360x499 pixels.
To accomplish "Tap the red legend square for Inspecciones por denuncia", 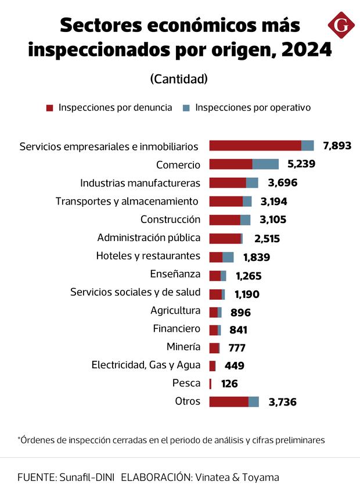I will point(49,108).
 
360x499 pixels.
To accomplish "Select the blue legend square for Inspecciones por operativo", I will point(186,108).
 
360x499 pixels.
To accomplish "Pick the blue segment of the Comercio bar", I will point(265,164).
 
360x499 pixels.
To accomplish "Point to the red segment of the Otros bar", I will point(229,401).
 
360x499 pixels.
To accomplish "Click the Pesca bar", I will point(210,383).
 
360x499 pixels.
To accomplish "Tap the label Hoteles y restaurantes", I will point(148,256).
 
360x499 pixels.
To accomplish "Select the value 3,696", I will point(283,183).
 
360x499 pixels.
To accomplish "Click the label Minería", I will point(183,347).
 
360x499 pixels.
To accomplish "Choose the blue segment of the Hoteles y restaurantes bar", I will point(228,257).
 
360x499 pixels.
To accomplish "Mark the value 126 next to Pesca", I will point(228,384).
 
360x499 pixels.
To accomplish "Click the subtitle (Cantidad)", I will point(179,78).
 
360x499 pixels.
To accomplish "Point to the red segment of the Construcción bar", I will point(225,220).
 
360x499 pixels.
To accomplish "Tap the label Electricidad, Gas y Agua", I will point(146,365).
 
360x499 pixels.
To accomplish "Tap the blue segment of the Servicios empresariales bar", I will point(308,146).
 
